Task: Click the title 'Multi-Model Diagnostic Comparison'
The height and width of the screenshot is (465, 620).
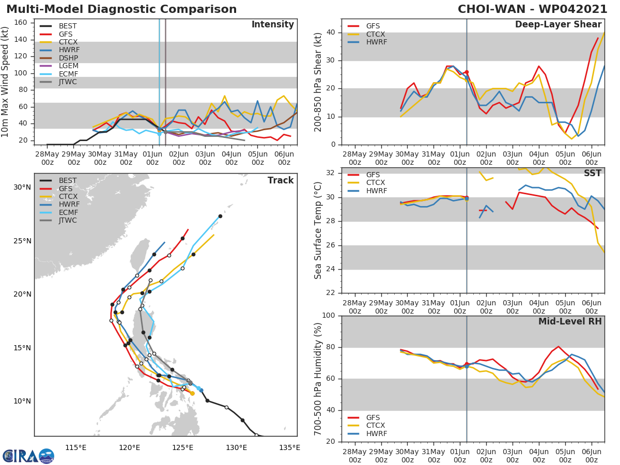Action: [x=121, y=9]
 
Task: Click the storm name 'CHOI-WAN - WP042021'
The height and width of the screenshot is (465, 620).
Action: [x=532, y=9]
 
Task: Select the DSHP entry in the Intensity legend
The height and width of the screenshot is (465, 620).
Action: [x=68, y=58]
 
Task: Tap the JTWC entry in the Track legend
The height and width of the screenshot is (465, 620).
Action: [x=68, y=221]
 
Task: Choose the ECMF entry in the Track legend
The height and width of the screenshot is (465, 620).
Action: [x=68, y=212]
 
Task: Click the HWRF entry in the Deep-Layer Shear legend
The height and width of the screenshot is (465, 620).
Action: [x=376, y=42]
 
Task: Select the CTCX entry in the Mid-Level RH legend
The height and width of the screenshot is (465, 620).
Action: [x=376, y=426]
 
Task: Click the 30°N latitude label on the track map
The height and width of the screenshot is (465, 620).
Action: [x=22, y=187]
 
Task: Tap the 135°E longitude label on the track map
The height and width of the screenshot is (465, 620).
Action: [x=289, y=447]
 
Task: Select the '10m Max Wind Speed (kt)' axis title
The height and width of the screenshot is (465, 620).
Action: [x=6, y=82]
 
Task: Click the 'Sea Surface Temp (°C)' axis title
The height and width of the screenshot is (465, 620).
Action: [x=318, y=230]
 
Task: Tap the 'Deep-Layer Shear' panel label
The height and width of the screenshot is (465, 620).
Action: [x=558, y=25]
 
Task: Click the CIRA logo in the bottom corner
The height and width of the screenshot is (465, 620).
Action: [x=28, y=456]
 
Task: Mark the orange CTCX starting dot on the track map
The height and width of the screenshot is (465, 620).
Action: [x=192, y=393]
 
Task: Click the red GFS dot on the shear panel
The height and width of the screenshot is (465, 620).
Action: [x=467, y=72]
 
